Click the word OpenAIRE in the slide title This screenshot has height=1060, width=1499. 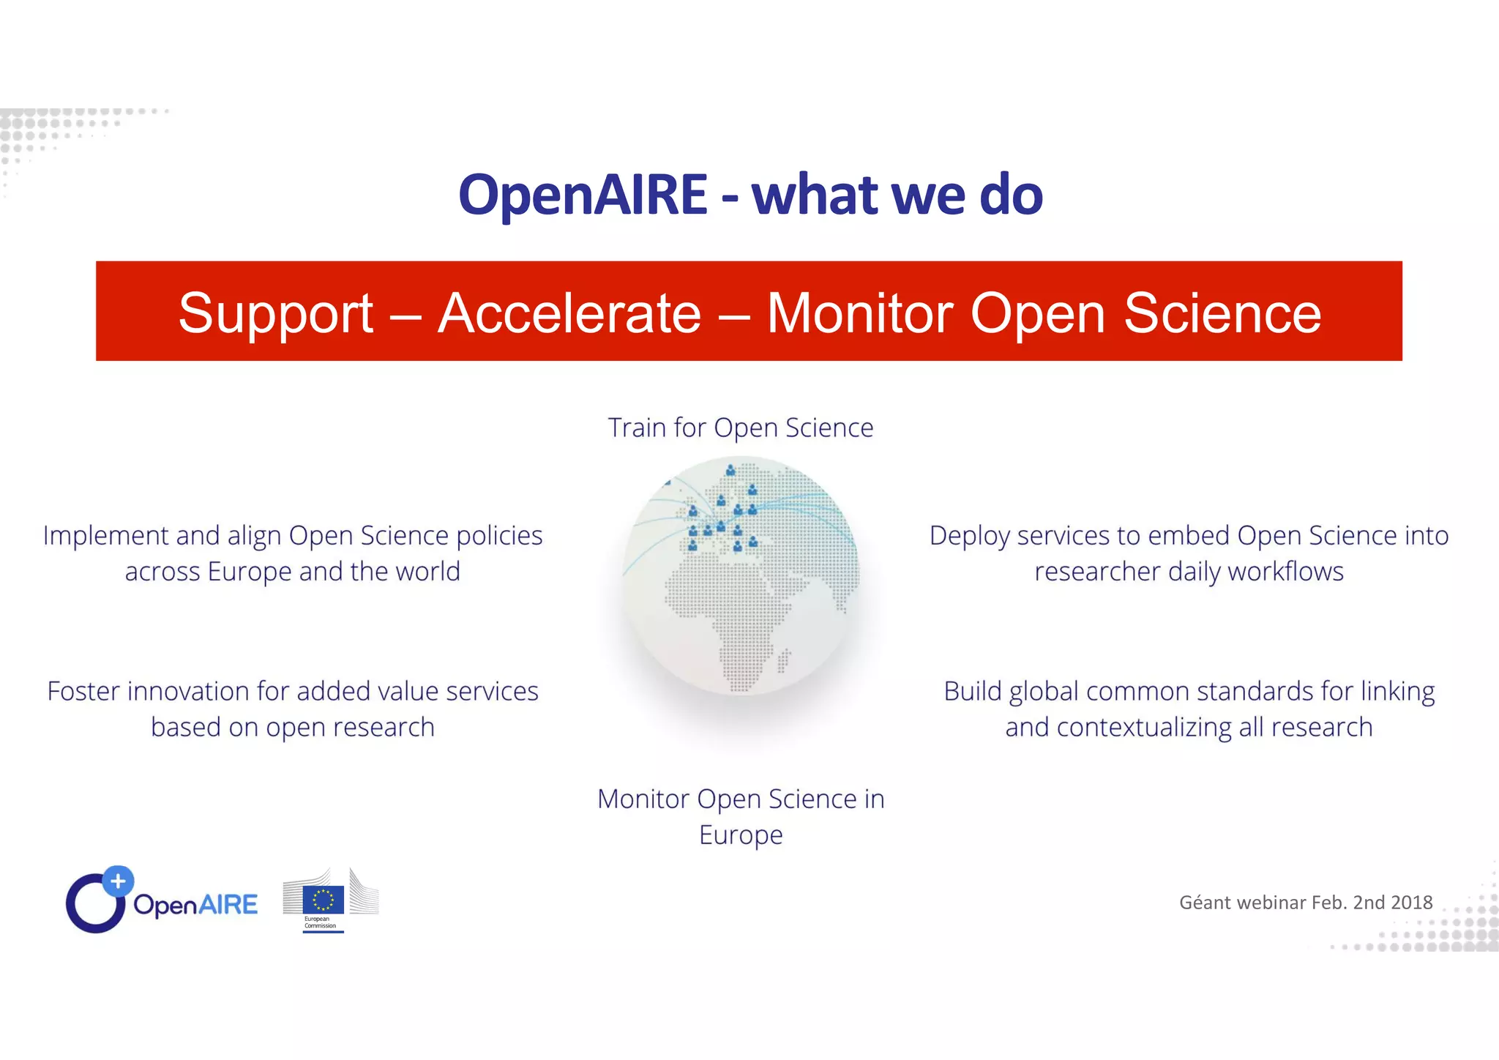(x=583, y=195)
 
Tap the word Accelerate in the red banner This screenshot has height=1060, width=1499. (x=569, y=313)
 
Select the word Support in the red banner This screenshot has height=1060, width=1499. (x=276, y=313)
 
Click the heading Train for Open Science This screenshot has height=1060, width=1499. (x=741, y=428)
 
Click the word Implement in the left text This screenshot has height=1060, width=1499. (x=105, y=536)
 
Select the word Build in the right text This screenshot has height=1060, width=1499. (x=974, y=691)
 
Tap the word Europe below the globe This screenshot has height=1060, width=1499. (x=741, y=835)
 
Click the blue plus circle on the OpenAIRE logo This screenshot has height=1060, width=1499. (x=118, y=881)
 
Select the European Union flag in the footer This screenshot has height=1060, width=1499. (x=323, y=900)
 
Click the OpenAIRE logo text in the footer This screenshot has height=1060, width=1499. (x=195, y=905)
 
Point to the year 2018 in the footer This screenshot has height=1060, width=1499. (x=1412, y=903)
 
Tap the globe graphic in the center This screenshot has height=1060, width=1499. (x=741, y=575)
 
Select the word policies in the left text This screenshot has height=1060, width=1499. (x=499, y=536)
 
